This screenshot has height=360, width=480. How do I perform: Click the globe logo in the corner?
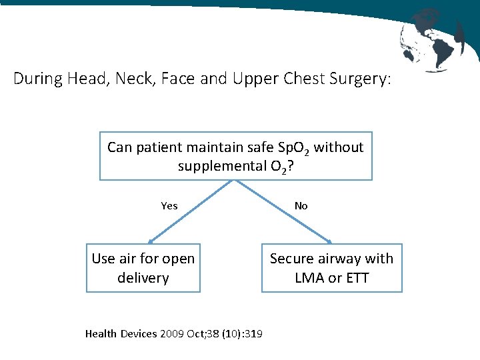click(432, 38)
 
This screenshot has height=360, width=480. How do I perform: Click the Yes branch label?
click(169, 206)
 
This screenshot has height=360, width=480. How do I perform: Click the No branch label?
click(301, 206)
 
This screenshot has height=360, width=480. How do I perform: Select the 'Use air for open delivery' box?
click(143, 268)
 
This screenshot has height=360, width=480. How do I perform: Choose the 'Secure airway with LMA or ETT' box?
click(331, 268)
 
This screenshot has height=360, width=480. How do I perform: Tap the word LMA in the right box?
click(309, 278)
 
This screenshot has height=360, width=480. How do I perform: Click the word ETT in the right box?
click(357, 278)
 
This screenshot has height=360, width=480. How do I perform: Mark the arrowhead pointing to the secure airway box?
click(330, 242)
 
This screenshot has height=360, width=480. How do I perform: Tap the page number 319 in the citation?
click(253, 333)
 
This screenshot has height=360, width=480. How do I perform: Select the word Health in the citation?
click(101, 333)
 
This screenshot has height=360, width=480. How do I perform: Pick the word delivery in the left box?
click(143, 278)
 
